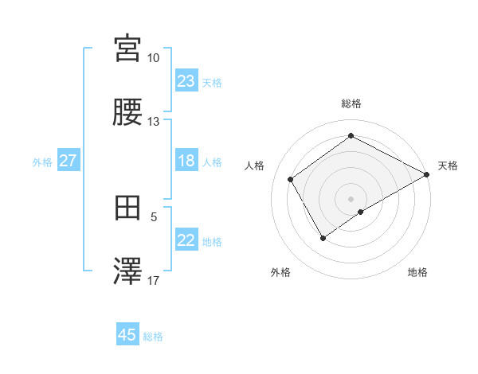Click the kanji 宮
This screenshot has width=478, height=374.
pos(128,49)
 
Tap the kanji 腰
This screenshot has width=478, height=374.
pos(128,112)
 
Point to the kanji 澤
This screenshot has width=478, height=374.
pos(128,272)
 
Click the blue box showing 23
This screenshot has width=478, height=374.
pos(186,81)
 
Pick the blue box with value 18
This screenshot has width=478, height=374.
pos(186,162)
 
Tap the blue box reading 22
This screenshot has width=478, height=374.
pos(186,241)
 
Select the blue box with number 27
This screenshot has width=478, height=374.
pos(69,162)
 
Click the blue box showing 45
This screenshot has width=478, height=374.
pos(127,335)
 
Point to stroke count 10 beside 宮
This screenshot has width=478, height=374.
pos(153,58)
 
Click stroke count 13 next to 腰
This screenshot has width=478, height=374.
pos(153,122)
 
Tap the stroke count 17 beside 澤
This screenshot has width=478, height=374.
pos(153,281)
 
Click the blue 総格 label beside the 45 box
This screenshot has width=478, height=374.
pos(153,337)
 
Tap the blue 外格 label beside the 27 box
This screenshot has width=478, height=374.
pos(42,162)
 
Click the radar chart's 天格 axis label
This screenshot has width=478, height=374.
pos(448,166)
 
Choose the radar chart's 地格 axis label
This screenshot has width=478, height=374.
pos(417,272)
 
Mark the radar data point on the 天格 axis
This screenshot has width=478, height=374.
pos(427,175)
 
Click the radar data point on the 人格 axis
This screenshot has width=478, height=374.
pos(291,179)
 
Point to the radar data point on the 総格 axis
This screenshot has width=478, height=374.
pos(351,136)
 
